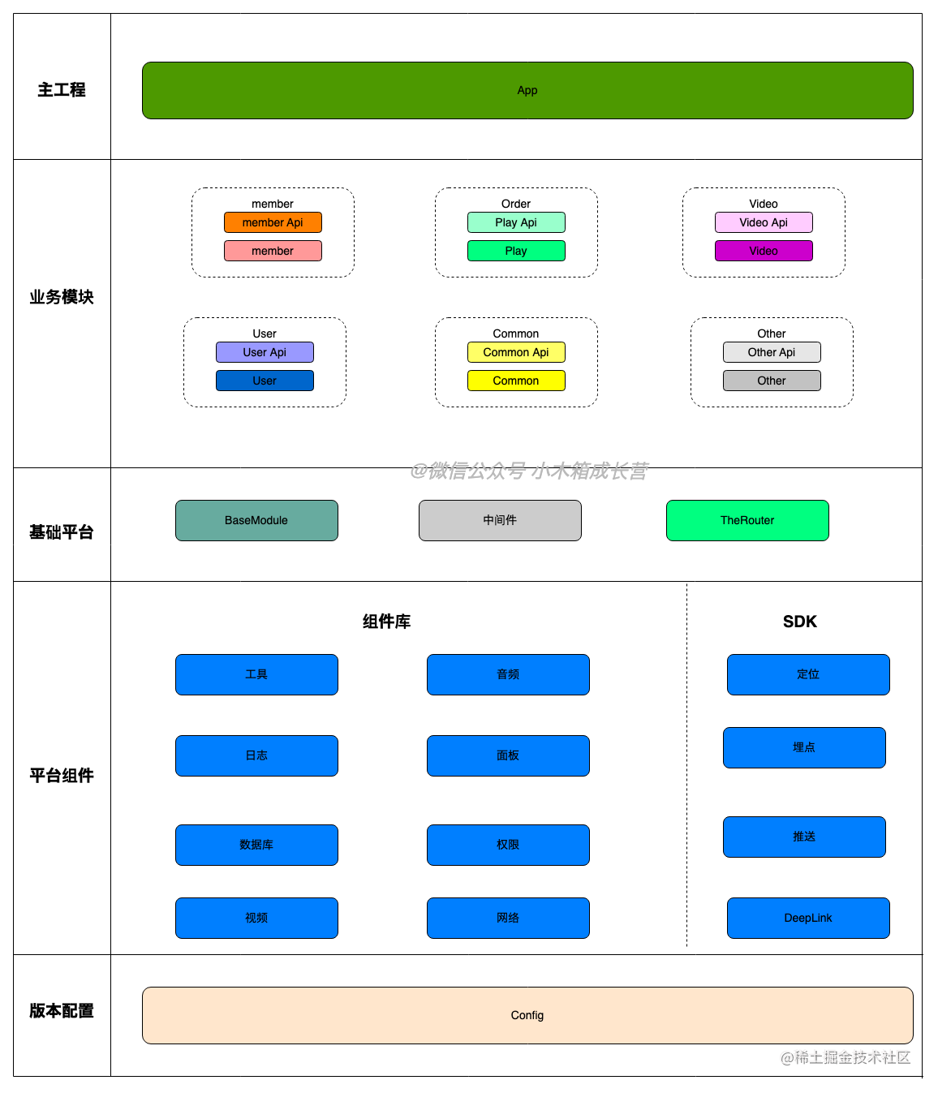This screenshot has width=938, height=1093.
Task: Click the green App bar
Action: [527, 90]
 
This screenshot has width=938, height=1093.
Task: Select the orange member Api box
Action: [273, 222]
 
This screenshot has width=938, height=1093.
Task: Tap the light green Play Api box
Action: [516, 222]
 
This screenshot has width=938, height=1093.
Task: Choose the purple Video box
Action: [764, 251]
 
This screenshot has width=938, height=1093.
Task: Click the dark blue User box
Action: [265, 381]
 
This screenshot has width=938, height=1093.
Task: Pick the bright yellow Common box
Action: [516, 381]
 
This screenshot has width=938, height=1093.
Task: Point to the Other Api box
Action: [772, 352]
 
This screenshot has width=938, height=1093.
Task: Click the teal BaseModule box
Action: [256, 520]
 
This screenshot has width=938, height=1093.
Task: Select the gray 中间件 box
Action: [500, 520]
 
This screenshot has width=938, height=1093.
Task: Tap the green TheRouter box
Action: [747, 520]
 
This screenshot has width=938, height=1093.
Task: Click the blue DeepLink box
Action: [808, 918]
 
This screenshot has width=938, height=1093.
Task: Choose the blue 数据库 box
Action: [256, 845]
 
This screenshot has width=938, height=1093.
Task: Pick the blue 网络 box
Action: [508, 918]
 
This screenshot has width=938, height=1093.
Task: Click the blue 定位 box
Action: [808, 674]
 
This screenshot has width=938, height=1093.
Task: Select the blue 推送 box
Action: [804, 837]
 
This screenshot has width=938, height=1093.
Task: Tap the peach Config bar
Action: [527, 1015]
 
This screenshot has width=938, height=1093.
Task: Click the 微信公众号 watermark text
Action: [529, 471]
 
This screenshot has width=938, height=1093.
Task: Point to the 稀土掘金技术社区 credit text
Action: [844, 1056]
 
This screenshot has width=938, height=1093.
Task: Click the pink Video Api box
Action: [764, 222]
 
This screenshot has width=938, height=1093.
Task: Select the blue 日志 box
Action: [256, 755]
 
